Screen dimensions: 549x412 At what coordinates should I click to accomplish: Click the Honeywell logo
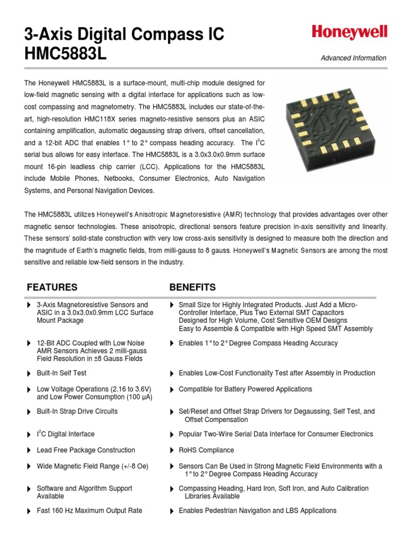coord(349,33)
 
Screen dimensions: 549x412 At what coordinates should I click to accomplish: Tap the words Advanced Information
coord(353,58)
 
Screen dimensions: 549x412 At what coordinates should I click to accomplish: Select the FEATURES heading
coord(52,287)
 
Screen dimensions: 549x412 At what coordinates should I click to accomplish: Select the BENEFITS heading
coord(193,287)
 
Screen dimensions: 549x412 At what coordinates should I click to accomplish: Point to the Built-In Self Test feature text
coord(61,373)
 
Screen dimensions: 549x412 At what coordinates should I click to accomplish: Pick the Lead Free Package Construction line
coord(86,450)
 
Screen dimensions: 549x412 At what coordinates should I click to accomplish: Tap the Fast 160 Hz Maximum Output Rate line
coord(89,511)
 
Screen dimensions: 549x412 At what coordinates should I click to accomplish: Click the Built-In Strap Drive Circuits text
coord(77,412)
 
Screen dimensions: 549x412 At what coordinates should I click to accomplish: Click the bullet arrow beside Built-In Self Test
coord(28,373)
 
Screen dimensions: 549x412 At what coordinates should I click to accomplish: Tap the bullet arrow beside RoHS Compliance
coord(172,450)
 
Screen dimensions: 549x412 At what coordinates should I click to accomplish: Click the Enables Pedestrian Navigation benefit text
coord(257,511)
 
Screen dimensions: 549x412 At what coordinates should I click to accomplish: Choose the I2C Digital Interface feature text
coord(65,434)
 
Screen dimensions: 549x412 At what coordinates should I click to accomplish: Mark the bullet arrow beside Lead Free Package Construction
coord(28,450)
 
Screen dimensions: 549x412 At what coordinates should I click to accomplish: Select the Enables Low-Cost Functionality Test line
coord(277,373)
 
